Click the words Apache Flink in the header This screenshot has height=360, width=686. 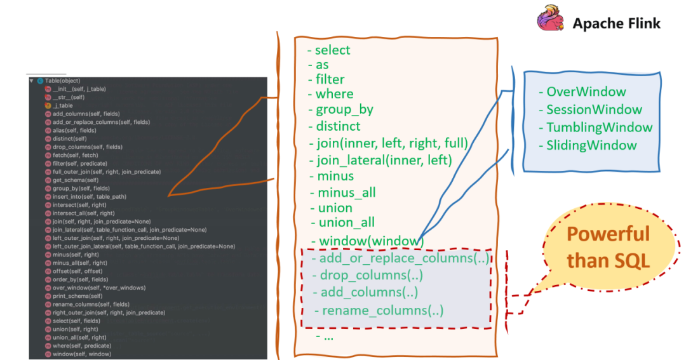pos(616,24)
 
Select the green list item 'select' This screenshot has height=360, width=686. pos(332,50)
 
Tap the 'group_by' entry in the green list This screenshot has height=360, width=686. pos(344,109)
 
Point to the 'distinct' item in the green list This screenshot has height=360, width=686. pos(338,126)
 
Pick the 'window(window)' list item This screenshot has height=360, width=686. pos(371,241)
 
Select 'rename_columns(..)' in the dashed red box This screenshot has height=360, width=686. pos(382,310)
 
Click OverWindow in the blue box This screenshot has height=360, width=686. pos(586,92)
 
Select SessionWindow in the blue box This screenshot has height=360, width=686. pos(594,109)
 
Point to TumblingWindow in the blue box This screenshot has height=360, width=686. pos(599,127)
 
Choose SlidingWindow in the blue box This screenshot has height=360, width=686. pos(591,145)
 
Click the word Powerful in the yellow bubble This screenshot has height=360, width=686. pos(608,234)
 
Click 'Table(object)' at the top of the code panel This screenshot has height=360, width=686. pos(62,81)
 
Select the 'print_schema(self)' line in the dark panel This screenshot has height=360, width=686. pos(77,296)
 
